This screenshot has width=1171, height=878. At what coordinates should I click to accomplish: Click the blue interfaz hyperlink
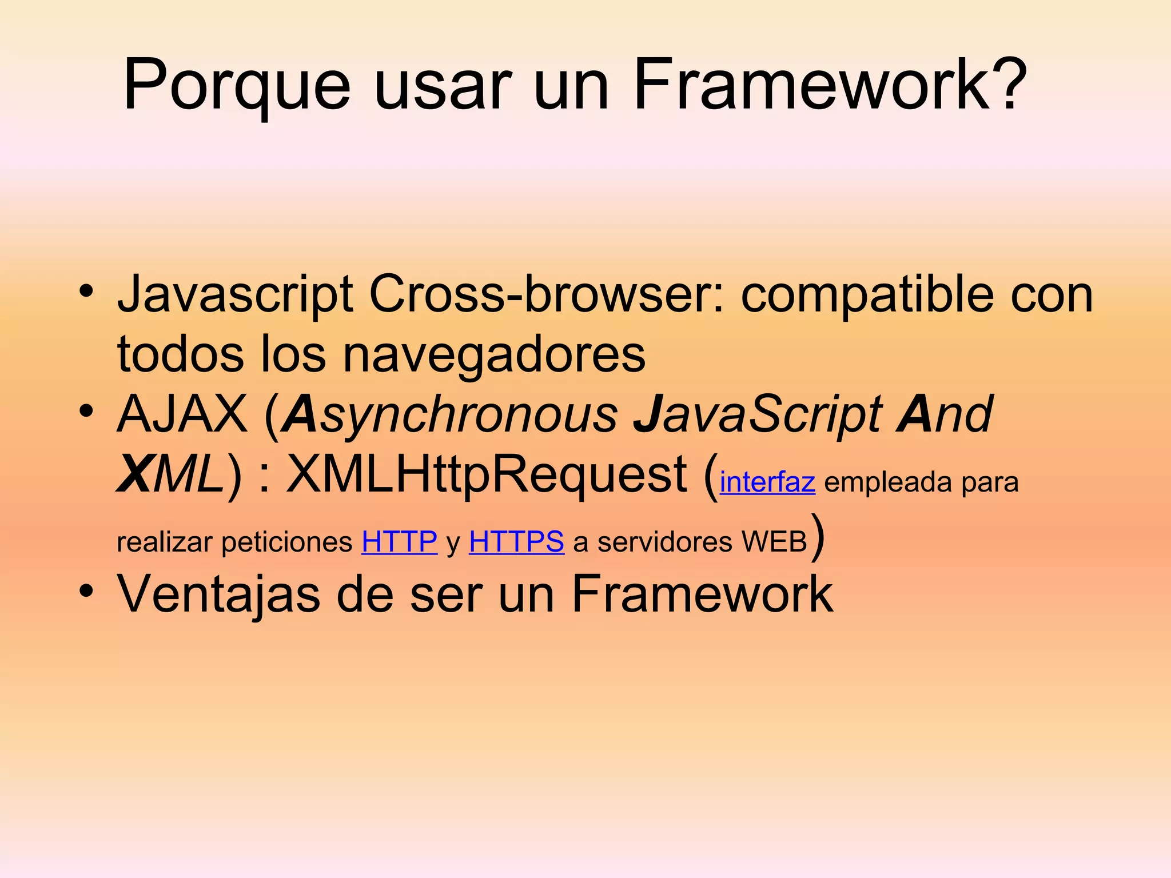pyautogui.click(x=767, y=482)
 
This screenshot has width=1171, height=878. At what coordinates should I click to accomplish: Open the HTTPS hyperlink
pyautogui.click(x=516, y=541)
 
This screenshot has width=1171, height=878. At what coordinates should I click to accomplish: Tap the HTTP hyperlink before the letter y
pyautogui.click(x=399, y=541)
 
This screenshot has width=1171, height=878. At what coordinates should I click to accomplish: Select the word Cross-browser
pyautogui.click(x=546, y=294)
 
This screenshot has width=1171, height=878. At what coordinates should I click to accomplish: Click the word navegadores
pyautogui.click(x=494, y=354)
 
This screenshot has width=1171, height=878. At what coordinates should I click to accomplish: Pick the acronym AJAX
pyautogui.click(x=182, y=414)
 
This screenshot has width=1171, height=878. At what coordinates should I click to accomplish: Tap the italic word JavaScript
pyautogui.click(x=757, y=415)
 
